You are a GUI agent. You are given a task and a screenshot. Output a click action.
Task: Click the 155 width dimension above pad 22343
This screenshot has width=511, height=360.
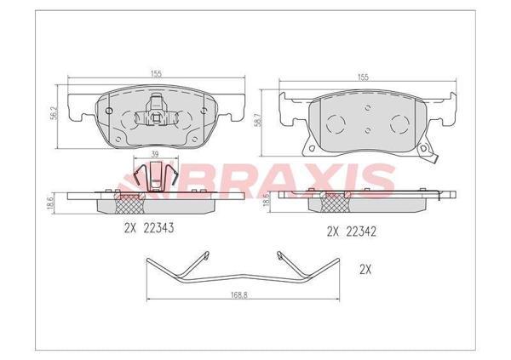pos(157,75)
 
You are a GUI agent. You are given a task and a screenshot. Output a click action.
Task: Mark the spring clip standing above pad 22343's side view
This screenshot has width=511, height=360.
pos(154,174)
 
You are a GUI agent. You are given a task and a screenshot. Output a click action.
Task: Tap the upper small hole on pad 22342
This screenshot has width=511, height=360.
pos(365,108)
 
